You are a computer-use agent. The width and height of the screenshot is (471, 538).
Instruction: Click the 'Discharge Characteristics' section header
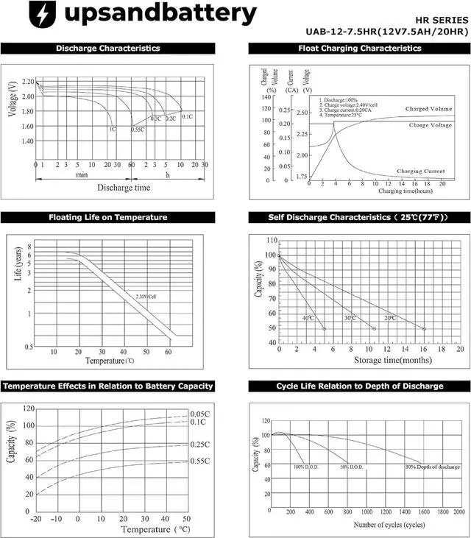click(x=108, y=49)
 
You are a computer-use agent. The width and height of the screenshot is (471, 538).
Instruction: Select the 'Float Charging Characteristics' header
click(x=359, y=49)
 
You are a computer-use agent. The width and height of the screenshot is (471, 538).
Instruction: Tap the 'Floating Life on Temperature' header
click(x=108, y=217)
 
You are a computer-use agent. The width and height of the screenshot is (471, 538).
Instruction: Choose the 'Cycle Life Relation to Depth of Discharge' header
click(x=359, y=386)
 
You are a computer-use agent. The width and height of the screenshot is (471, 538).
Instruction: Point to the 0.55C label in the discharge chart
click(x=138, y=130)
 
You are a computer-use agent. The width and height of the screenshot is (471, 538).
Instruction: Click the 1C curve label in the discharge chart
click(x=113, y=130)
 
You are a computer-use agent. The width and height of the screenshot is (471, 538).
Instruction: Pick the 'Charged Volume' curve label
click(x=428, y=109)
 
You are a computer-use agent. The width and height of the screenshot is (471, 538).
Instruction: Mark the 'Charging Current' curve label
click(x=421, y=171)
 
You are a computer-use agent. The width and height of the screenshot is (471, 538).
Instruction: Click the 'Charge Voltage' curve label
click(x=431, y=125)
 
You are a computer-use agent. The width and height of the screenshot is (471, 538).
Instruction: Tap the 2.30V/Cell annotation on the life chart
click(x=147, y=296)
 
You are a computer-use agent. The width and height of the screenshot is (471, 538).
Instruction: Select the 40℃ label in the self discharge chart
click(x=308, y=318)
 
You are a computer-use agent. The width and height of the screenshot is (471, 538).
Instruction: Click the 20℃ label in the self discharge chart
click(x=389, y=318)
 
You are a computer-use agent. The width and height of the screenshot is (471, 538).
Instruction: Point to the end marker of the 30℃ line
click(x=375, y=328)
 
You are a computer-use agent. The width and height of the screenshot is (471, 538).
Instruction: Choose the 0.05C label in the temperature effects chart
click(x=200, y=414)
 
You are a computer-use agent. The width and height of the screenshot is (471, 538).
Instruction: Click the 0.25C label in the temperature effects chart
click(x=200, y=445)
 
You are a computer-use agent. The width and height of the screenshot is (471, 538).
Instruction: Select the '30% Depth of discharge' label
click(x=432, y=467)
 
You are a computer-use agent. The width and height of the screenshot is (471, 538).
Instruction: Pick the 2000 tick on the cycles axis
click(x=458, y=512)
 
